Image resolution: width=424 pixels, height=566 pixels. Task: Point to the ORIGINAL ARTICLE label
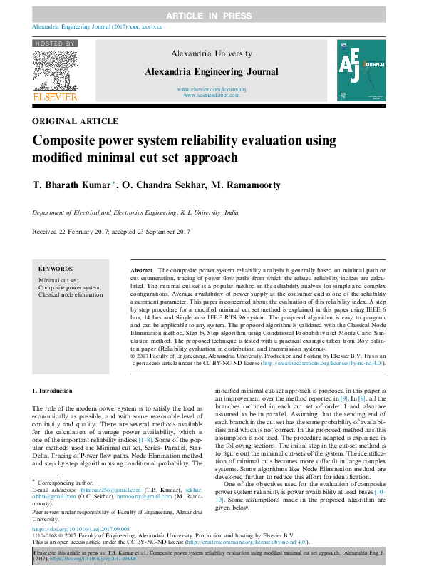pyautogui.click(x=75, y=122)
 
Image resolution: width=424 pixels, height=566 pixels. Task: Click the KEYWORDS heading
pyautogui.click(x=56, y=269)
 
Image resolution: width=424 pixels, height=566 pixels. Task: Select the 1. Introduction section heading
pyautogui.click(x=53, y=391)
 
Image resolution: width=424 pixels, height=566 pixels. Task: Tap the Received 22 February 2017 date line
pyautogui.click(x=111, y=232)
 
